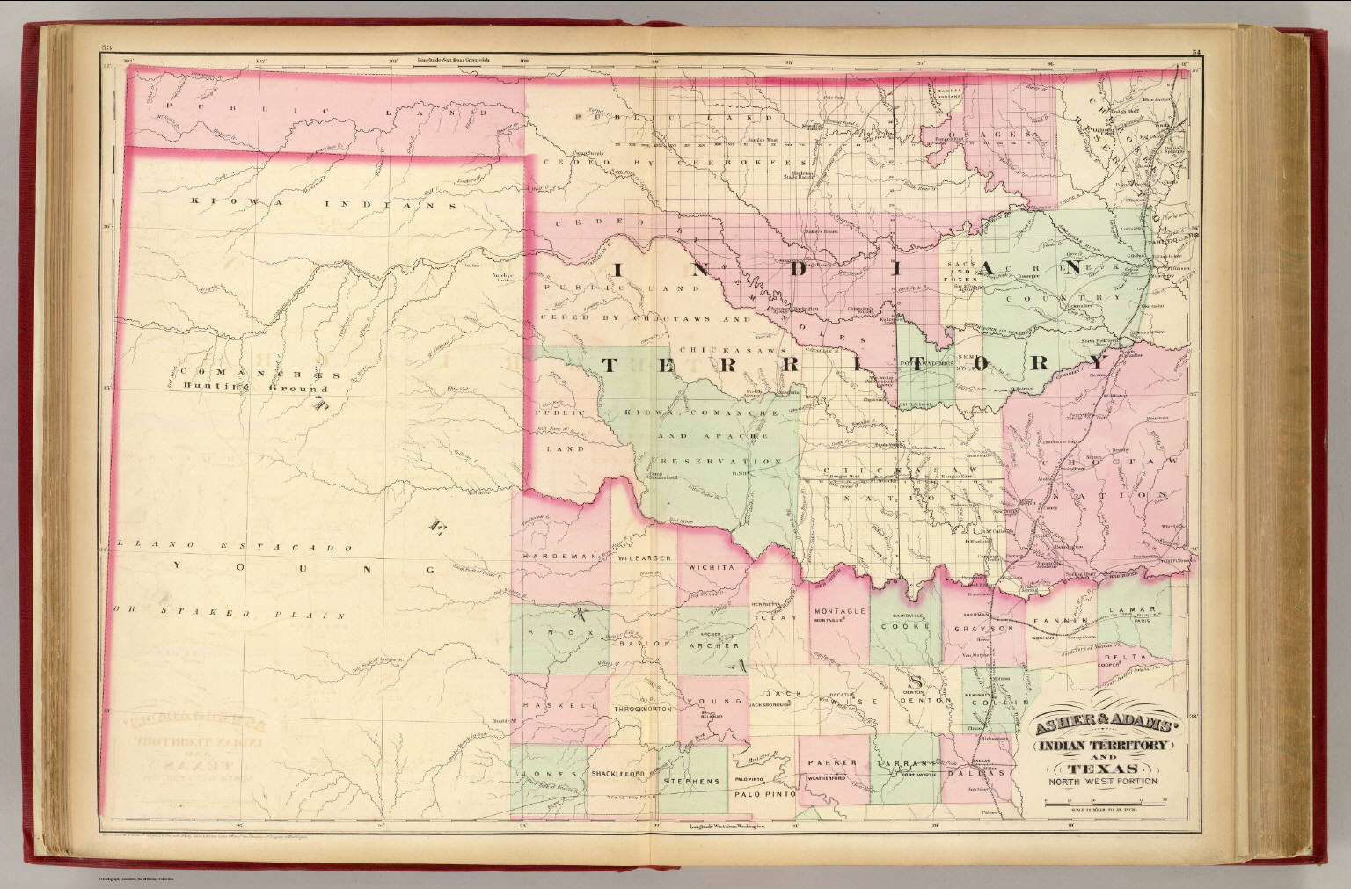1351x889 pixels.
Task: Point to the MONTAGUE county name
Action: [840, 611]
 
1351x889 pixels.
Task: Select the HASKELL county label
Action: [547, 706]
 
